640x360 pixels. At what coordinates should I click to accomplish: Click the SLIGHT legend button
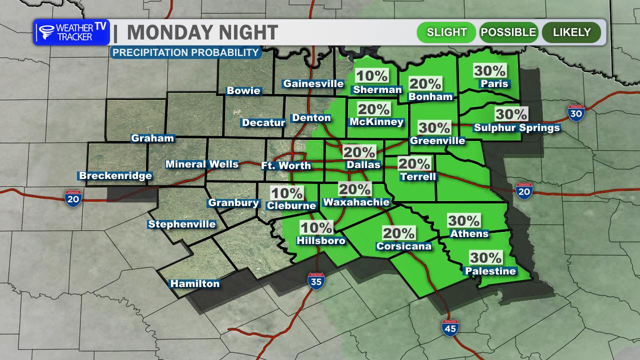click(x=446, y=32)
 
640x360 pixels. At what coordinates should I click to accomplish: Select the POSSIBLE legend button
click(x=508, y=32)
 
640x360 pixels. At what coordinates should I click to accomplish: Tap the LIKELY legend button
click(x=572, y=32)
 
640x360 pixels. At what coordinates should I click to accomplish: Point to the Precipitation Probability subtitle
click(x=185, y=52)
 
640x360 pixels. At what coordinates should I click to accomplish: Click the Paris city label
click(x=494, y=83)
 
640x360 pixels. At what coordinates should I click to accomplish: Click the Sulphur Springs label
click(x=516, y=127)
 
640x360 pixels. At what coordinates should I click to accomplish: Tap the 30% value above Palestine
click(x=485, y=257)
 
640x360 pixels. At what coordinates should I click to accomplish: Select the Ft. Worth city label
click(x=286, y=165)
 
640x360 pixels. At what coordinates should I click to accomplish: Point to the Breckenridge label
click(x=115, y=175)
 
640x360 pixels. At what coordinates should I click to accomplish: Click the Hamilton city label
click(x=195, y=283)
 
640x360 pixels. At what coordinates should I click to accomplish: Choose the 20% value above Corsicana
click(x=398, y=232)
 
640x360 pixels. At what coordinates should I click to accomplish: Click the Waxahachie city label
click(x=356, y=202)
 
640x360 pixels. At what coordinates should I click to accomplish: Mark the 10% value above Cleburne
click(x=286, y=192)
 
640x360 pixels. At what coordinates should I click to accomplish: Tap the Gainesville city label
click(x=313, y=83)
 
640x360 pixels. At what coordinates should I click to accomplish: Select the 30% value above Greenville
click(x=434, y=127)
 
